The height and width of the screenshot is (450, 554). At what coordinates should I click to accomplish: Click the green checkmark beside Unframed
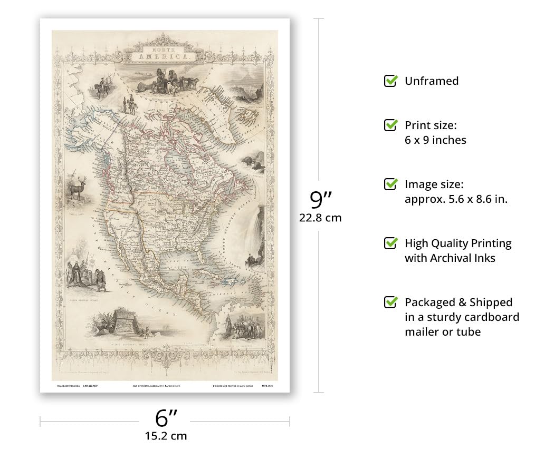pyautogui.click(x=390, y=81)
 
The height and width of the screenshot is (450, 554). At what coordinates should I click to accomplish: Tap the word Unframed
pyautogui.click(x=431, y=81)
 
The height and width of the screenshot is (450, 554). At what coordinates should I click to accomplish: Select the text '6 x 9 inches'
pyautogui.click(x=435, y=140)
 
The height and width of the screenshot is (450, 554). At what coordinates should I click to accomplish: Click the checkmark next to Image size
pyautogui.click(x=390, y=184)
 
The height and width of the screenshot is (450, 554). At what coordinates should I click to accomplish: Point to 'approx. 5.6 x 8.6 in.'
pyautogui.click(x=456, y=199)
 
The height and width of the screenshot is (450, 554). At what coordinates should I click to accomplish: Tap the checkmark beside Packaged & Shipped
pyautogui.click(x=390, y=302)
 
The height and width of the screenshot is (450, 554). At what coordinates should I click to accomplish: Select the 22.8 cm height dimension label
pyautogui.click(x=320, y=217)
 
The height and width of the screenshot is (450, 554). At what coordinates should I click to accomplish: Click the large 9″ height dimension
pyautogui.click(x=320, y=200)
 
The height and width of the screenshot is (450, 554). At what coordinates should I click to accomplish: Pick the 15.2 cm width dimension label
pyautogui.click(x=166, y=436)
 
